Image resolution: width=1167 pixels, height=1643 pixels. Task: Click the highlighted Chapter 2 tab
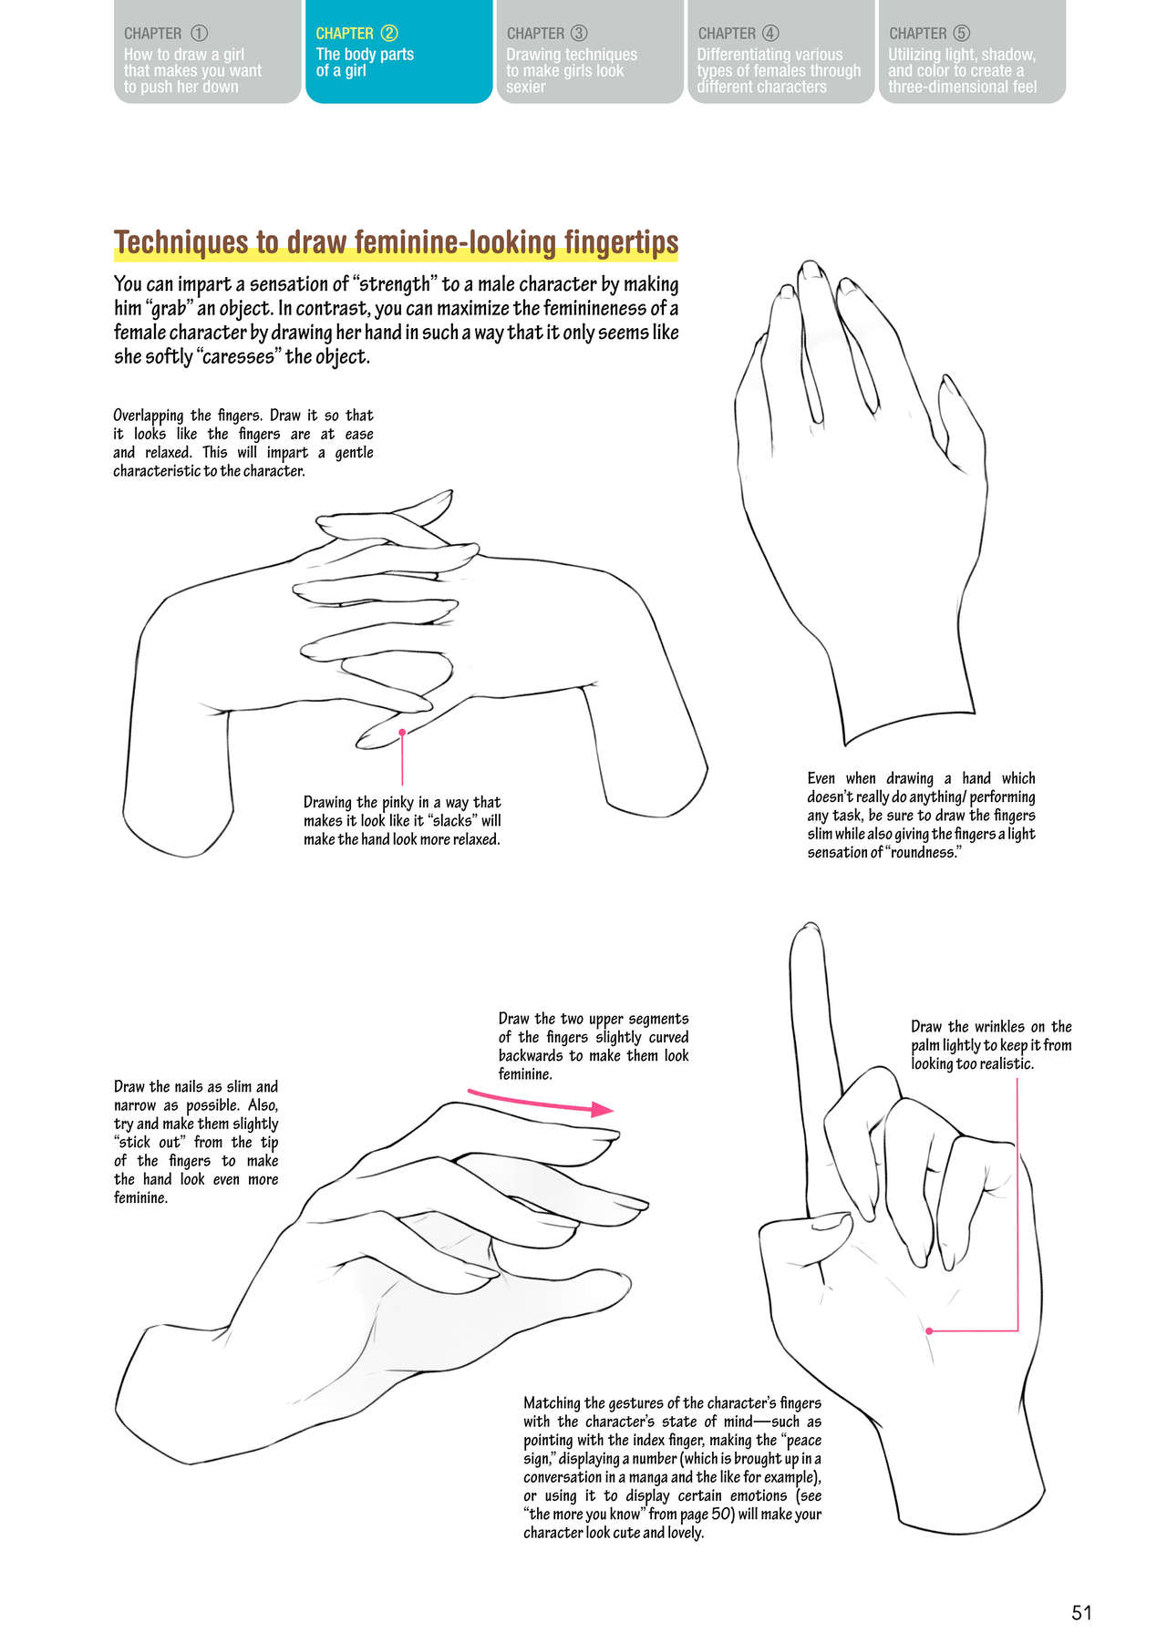398,51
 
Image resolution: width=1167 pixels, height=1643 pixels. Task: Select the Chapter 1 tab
207,51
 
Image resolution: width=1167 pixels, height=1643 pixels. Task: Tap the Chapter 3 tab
590,51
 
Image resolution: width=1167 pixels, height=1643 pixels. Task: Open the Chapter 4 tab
781,51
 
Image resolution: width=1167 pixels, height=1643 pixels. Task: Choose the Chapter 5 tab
972,51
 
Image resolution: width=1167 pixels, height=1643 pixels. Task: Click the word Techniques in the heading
181,241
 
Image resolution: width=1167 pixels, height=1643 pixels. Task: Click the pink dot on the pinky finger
402,732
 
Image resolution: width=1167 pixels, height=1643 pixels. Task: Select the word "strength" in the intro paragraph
394,284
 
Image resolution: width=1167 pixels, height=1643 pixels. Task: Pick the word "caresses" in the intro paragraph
238,356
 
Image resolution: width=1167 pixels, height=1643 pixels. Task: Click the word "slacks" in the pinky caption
452,821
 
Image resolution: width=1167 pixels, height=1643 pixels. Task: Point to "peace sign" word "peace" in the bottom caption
802,1441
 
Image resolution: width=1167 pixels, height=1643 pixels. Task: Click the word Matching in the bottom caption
553,1404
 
